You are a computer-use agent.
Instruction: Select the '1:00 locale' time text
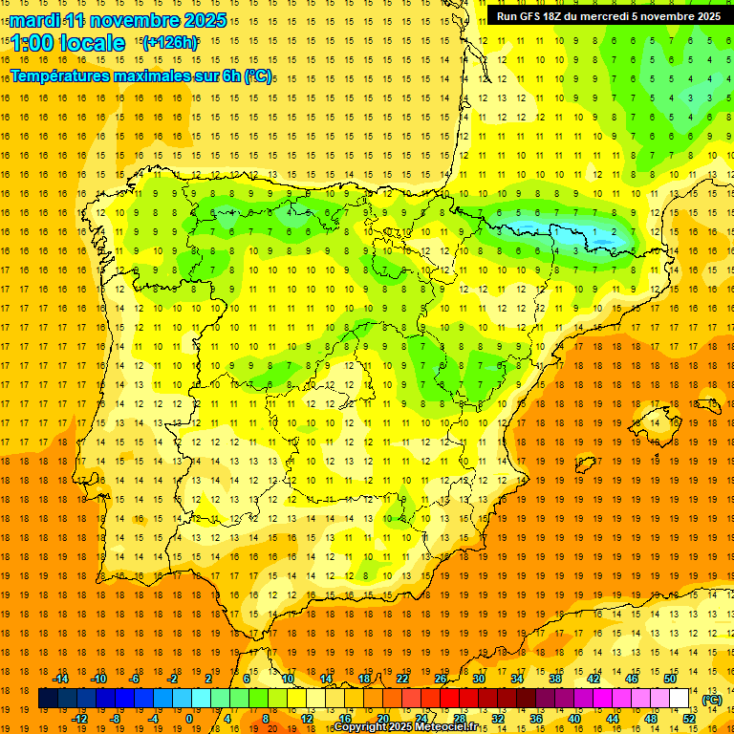tap(68, 43)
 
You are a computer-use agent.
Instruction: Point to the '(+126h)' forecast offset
tap(169, 43)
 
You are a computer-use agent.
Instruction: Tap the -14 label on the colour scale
tap(60, 679)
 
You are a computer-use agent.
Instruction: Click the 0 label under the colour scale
tap(189, 719)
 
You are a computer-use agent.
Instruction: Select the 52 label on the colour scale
tap(689, 719)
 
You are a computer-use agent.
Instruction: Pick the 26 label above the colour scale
tap(441, 679)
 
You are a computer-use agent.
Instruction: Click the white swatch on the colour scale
tap(679, 699)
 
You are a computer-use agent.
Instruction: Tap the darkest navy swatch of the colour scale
tap(48, 699)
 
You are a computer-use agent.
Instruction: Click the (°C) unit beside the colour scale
tap(712, 699)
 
